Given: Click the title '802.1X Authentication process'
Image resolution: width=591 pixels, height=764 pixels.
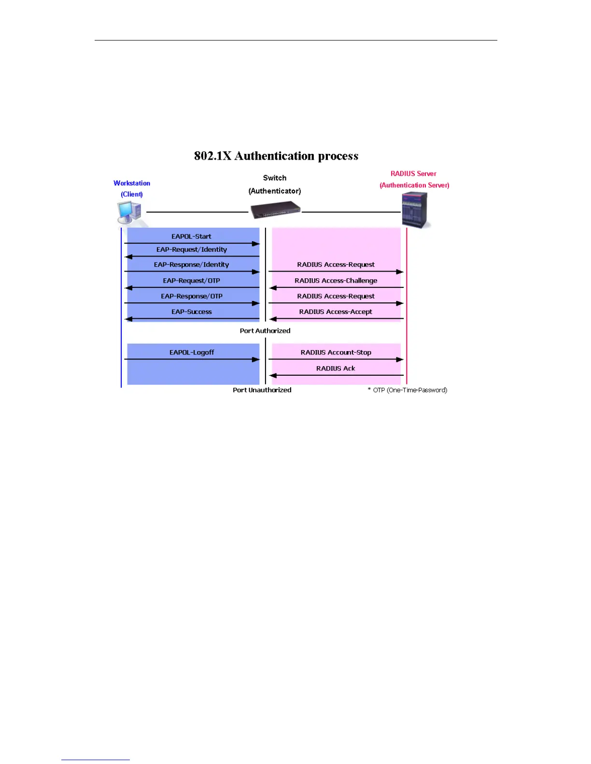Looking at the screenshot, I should click(276, 156).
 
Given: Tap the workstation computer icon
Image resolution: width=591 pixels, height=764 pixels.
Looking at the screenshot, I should click(129, 213).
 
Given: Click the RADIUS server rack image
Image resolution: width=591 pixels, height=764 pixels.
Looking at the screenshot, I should click(415, 210).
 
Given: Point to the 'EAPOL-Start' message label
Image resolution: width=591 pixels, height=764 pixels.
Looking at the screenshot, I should click(191, 236).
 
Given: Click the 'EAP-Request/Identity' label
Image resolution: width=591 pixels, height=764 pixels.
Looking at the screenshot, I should click(191, 249).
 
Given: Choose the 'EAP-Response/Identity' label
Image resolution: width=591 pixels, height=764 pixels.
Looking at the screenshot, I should click(191, 264).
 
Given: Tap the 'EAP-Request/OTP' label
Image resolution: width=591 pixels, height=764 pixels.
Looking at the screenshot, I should click(191, 280).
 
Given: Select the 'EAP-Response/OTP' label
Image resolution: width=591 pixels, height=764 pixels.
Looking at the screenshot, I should click(191, 296).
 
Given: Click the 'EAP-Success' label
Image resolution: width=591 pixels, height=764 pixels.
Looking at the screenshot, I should click(191, 312).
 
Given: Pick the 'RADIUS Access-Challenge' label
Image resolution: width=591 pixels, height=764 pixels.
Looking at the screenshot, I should click(336, 280).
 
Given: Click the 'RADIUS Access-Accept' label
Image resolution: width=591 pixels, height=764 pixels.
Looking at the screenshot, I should click(336, 312).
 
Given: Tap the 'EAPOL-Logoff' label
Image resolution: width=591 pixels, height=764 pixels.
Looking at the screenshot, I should click(191, 352).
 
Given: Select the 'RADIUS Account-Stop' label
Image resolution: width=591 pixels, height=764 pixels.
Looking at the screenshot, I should click(336, 352).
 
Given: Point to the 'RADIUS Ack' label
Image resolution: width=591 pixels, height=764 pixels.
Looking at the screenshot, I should click(336, 368).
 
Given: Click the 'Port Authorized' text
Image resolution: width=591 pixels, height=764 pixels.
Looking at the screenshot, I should click(265, 330).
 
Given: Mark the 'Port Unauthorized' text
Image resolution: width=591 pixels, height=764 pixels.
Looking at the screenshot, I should click(262, 390).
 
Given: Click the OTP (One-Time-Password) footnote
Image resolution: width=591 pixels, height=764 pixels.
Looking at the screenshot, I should click(408, 390).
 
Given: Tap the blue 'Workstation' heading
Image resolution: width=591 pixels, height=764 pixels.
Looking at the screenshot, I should click(132, 183).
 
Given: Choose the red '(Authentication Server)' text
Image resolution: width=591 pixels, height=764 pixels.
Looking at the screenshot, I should click(414, 185).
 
